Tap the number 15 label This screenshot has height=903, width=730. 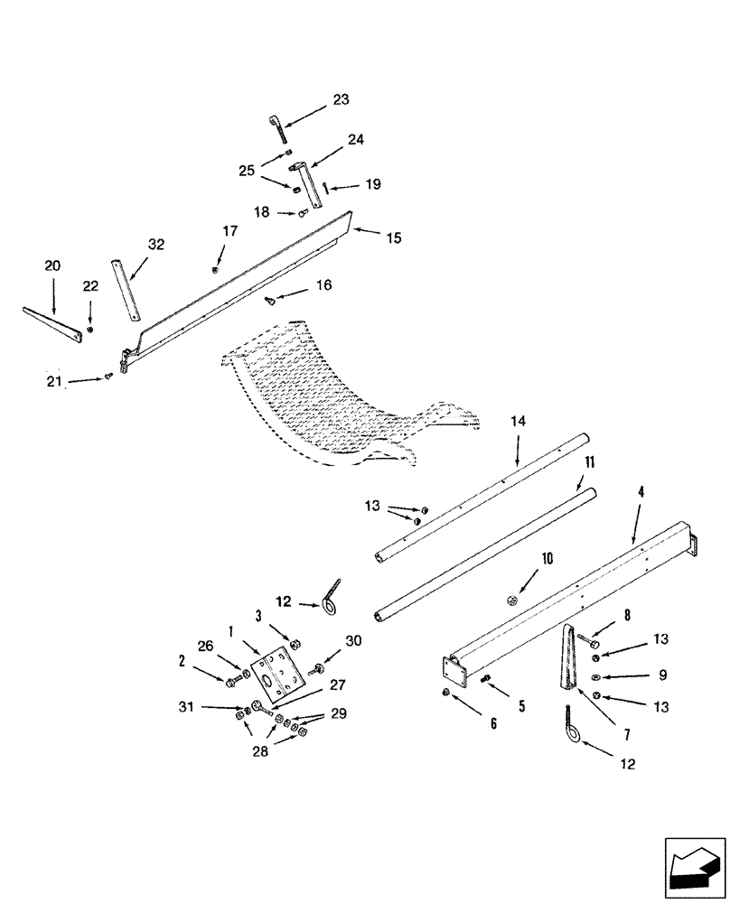tap(393, 238)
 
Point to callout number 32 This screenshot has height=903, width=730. tap(156, 244)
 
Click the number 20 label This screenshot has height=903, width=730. tap(52, 265)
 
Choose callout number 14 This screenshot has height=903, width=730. tap(518, 421)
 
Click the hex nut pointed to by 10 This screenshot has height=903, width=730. tap(511, 599)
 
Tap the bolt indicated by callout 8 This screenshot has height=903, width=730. tap(589, 642)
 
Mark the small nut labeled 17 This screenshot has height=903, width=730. tap(214, 269)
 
